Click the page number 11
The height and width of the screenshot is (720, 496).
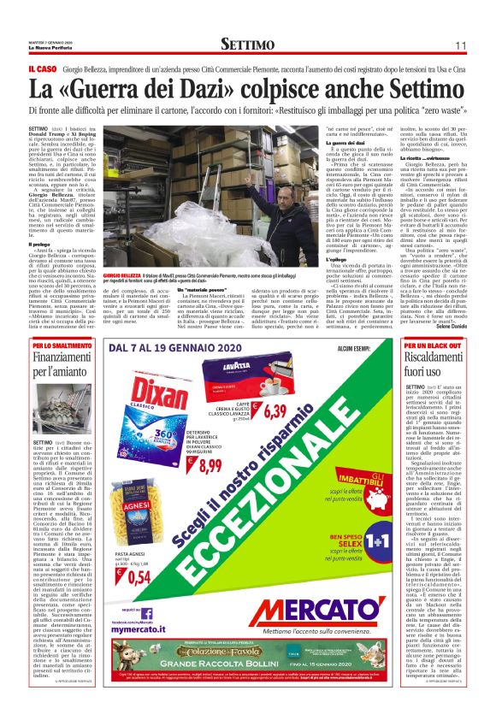pyautogui.click(x=460, y=44)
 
